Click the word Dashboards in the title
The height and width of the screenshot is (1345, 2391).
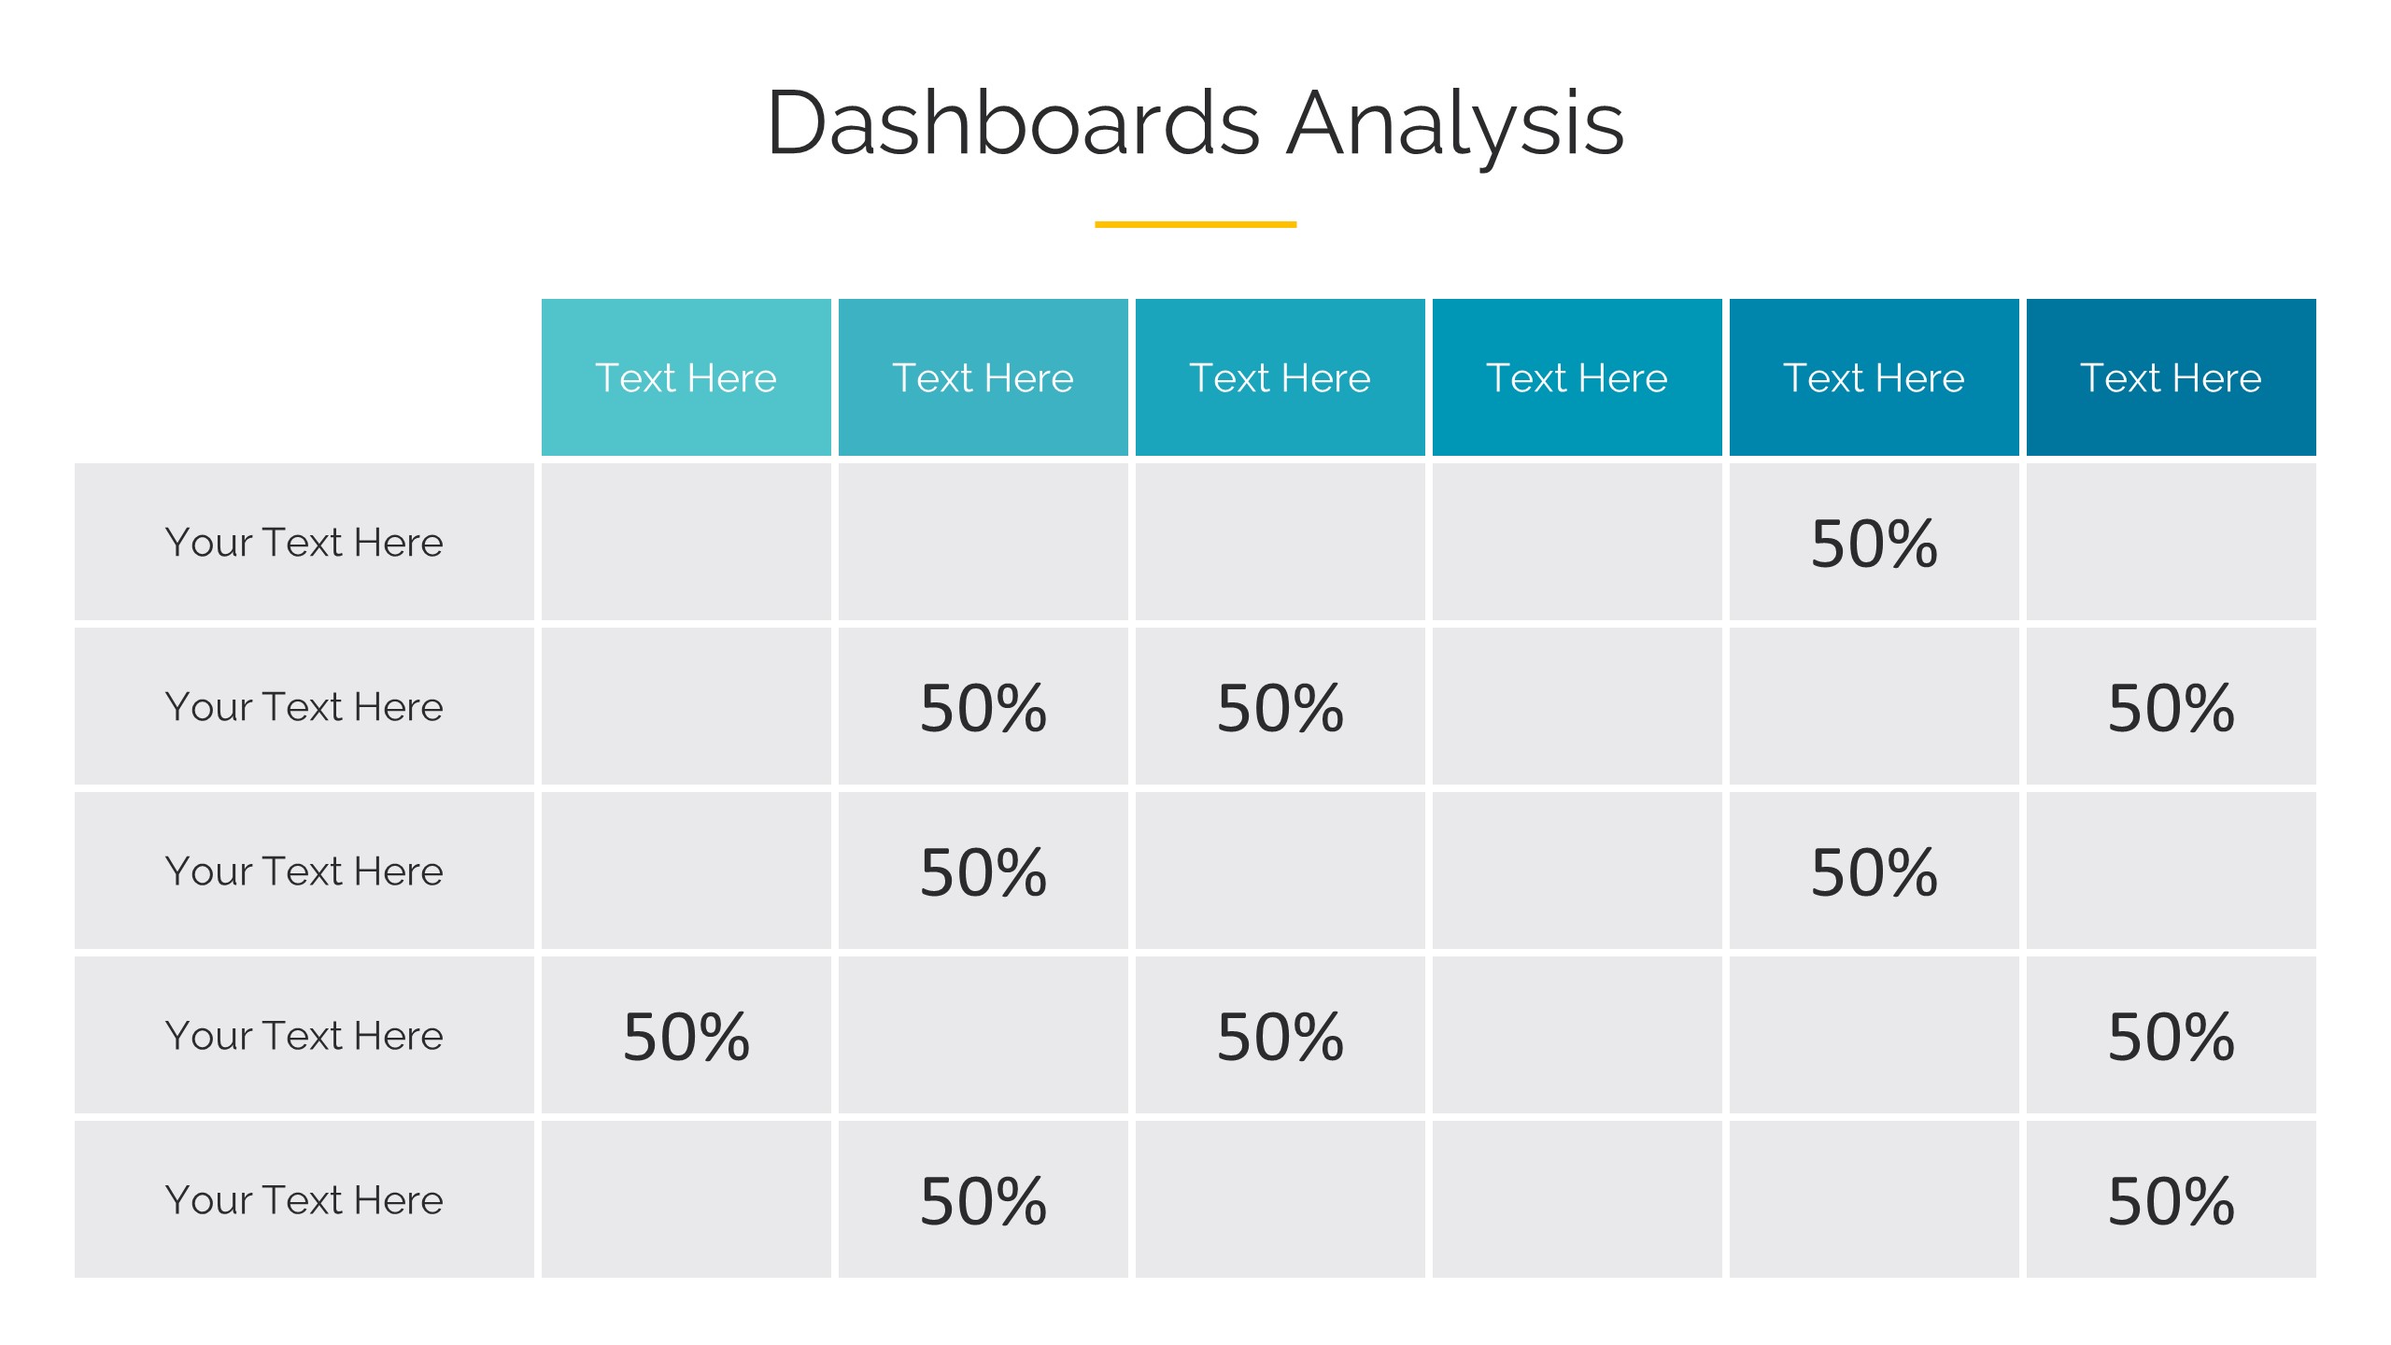(x=1014, y=122)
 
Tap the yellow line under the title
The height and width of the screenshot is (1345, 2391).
(x=1195, y=224)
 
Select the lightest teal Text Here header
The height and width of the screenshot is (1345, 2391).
(x=686, y=377)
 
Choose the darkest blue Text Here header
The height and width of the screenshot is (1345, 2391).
(x=2171, y=377)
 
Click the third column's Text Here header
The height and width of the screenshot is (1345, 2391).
(x=1280, y=377)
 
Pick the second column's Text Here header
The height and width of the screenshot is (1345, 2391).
(x=983, y=377)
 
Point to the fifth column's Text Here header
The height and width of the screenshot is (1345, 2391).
(x=1874, y=377)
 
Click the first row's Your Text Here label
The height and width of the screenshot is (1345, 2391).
(x=304, y=543)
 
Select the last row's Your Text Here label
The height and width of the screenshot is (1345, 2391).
(x=304, y=1200)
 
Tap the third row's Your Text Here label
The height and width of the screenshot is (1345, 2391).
(x=304, y=871)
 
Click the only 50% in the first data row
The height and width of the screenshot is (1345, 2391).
(x=1874, y=544)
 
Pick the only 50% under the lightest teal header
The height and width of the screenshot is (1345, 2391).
(x=686, y=1037)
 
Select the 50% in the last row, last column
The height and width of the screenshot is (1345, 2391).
(x=2171, y=1201)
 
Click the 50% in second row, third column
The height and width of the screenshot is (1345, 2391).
(x=1280, y=708)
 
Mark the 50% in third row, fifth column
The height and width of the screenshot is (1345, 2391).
(x=1874, y=872)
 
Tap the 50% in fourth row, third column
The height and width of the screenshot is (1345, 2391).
(x=1280, y=1037)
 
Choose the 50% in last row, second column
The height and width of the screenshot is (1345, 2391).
(x=983, y=1201)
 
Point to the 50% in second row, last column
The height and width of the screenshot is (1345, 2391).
(x=2171, y=708)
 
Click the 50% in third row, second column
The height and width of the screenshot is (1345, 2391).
(x=983, y=872)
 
